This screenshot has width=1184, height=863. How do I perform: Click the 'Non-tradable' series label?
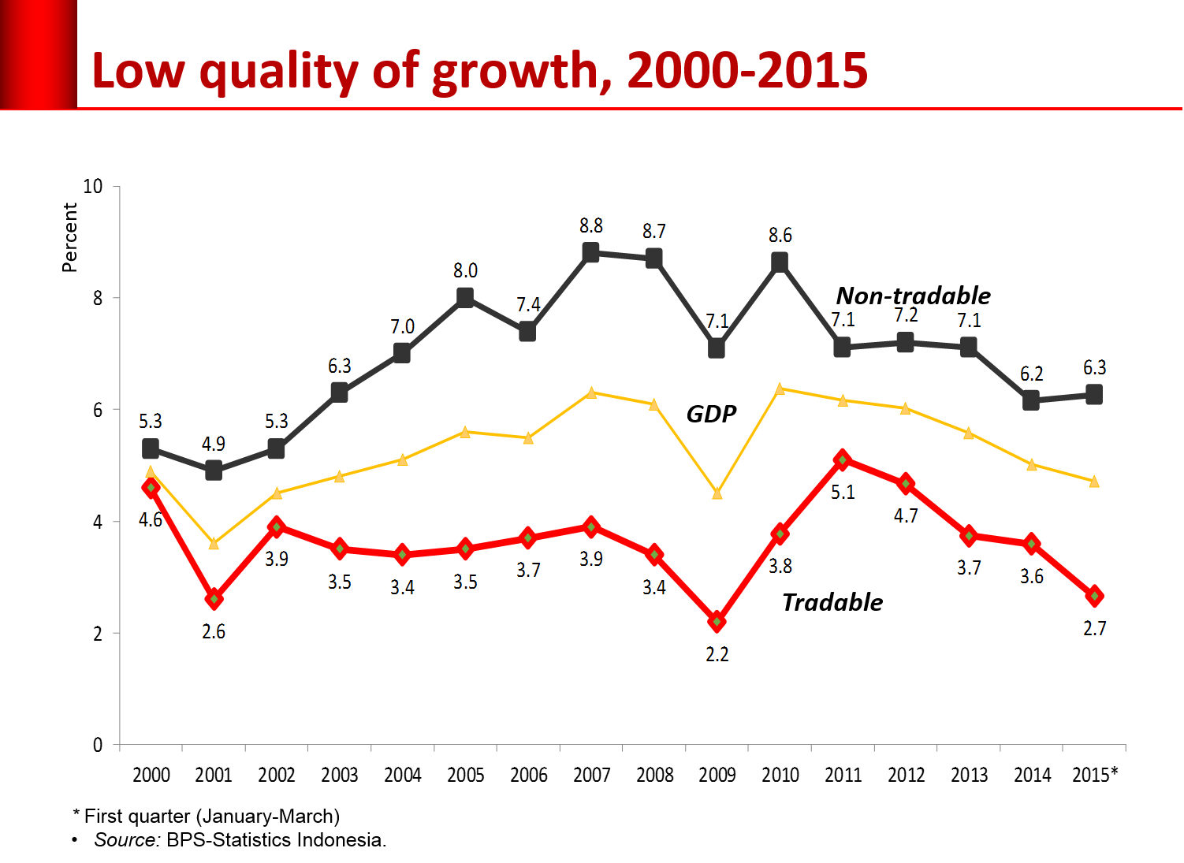click(913, 296)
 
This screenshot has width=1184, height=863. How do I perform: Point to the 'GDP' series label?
click(711, 414)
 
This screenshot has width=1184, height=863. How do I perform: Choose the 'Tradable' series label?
click(832, 602)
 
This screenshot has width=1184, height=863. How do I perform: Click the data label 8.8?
click(591, 225)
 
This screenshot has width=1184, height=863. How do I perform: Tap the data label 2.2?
click(717, 654)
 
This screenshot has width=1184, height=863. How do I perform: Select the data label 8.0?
click(465, 270)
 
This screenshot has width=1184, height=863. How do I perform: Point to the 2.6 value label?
click(214, 631)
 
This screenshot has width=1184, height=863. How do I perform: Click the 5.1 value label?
click(843, 492)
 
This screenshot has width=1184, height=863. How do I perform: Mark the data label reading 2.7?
click(1094, 628)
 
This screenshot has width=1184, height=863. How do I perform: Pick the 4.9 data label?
click(214, 444)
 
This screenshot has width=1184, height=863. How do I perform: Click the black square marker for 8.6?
click(780, 262)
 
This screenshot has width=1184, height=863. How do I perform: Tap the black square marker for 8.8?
click(591, 252)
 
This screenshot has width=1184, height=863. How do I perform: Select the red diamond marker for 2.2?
click(717, 622)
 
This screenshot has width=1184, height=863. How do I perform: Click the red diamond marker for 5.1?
click(843, 459)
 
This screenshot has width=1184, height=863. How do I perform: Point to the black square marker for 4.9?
click(214, 471)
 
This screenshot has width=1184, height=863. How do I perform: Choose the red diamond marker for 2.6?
click(214, 599)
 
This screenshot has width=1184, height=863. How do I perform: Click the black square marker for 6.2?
click(1031, 400)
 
